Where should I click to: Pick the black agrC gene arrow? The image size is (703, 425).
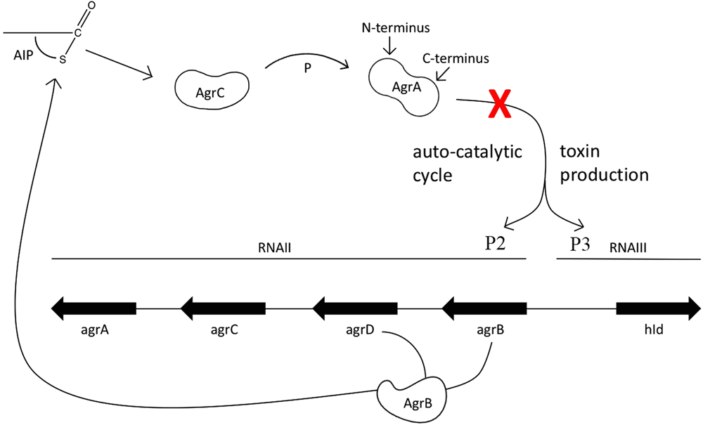coord(223,308)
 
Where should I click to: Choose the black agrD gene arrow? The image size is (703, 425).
coord(354,308)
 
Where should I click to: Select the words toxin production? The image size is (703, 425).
coord(603,163)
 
